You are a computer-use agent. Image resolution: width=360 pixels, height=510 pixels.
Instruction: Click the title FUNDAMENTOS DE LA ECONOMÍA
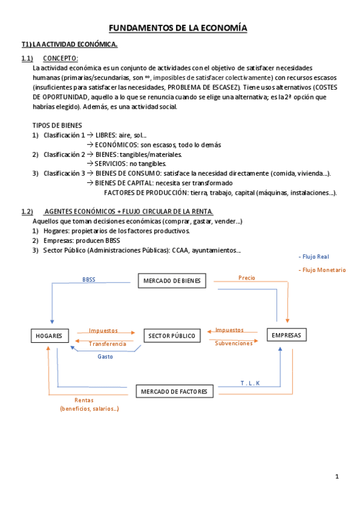point(177,28)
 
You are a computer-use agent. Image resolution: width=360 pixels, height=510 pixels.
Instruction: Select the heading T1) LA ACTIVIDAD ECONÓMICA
point(69,45)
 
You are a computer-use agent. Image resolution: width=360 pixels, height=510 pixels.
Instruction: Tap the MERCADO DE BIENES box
point(172,281)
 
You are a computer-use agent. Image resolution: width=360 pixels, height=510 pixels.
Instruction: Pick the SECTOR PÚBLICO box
point(171,336)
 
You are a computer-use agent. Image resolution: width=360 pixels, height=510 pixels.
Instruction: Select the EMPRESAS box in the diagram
point(286,335)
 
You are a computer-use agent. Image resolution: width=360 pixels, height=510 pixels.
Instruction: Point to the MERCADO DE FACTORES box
point(174,392)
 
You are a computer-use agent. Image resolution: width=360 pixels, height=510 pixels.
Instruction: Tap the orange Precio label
point(246,278)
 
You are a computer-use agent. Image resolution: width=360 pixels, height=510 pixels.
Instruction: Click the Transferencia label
point(108,343)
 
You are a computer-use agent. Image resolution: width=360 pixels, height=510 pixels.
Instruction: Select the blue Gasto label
point(105,356)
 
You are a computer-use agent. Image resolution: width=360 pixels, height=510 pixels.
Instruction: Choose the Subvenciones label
point(234,343)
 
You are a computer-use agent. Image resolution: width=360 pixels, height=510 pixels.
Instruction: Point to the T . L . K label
point(250,382)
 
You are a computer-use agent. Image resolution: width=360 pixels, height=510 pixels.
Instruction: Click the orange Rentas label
point(84,400)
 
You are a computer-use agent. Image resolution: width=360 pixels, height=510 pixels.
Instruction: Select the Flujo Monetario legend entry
point(322,270)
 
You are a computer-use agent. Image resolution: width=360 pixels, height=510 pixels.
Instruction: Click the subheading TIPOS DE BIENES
point(57,125)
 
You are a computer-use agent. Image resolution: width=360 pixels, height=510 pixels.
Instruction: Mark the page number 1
point(337,476)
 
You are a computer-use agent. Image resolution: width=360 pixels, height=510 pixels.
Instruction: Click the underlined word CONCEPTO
point(60,58)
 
